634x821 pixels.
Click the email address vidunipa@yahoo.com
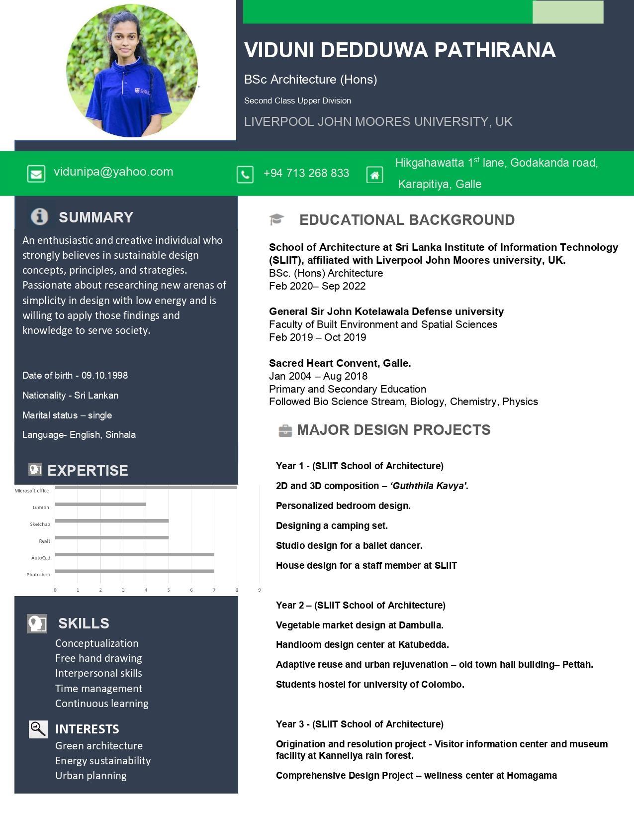tap(113, 172)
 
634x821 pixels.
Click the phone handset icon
tap(245, 175)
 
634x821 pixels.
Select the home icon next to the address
tap(374, 175)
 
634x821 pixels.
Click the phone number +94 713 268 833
tap(306, 173)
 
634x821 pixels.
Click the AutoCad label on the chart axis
tap(41, 558)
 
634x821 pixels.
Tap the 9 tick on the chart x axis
tap(259, 590)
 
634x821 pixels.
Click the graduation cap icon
tap(276, 219)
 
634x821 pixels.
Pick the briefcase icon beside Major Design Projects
tap(285, 430)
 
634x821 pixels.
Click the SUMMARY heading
tap(96, 217)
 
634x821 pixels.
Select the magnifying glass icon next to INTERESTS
tap(38, 729)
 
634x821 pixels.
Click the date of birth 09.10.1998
tap(104, 375)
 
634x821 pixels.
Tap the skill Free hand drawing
tap(98, 658)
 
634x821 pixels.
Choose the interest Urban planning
tap(91, 776)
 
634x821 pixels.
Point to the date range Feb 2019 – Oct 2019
tap(317, 337)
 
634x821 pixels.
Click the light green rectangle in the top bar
tap(567, 12)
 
